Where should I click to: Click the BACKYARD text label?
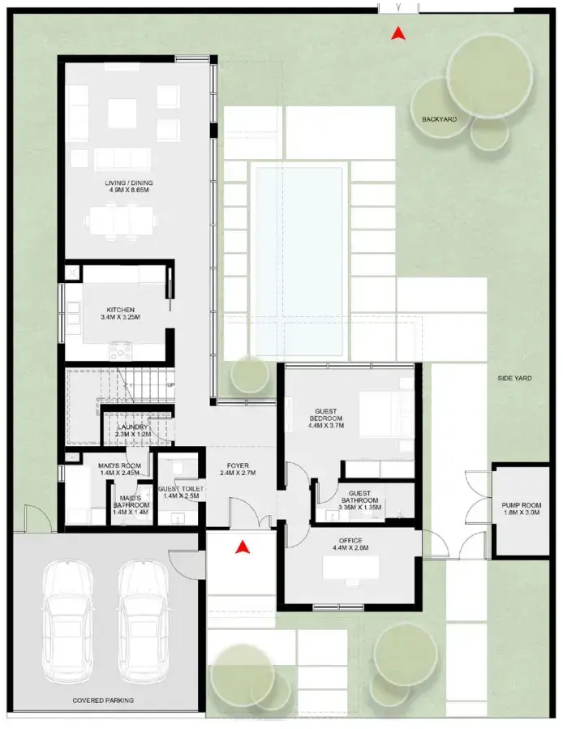click(x=439, y=119)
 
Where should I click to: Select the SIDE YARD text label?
click(x=514, y=378)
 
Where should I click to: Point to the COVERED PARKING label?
click(x=103, y=700)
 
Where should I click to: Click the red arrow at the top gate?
click(x=398, y=33)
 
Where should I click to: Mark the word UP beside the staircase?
click(x=170, y=384)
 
